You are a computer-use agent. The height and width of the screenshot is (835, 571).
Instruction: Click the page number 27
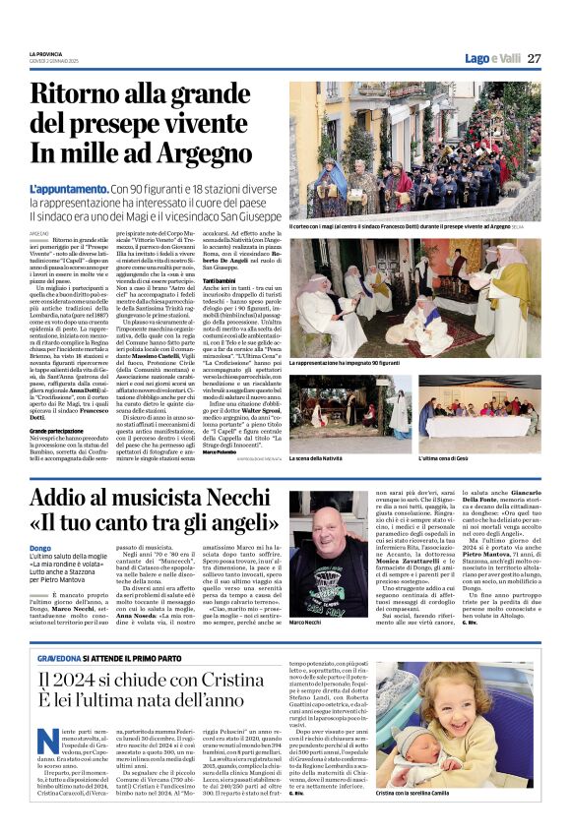pos(533,58)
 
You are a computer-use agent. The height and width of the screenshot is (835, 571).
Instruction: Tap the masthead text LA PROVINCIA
pos(46,53)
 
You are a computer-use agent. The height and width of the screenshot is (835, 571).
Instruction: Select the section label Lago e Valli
pos(492,58)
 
